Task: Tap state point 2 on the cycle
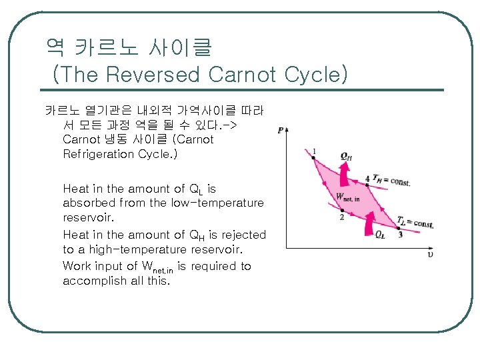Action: pyautogui.click(x=342, y=209)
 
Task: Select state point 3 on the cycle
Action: pyautogui.click(x=399, y=227)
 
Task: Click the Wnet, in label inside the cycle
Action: pyautogui.click(x=348, y=197)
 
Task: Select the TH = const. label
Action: pyautogui.click(x=392, y=180)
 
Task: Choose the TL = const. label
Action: pyautogui.click(x=415, y=222)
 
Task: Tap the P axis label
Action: pyautogui.click(x=280, y=131)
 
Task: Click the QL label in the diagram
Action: pyautogui.click(x=379, y=235)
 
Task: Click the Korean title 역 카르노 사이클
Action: pyautogui.click(x=128, y=47)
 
